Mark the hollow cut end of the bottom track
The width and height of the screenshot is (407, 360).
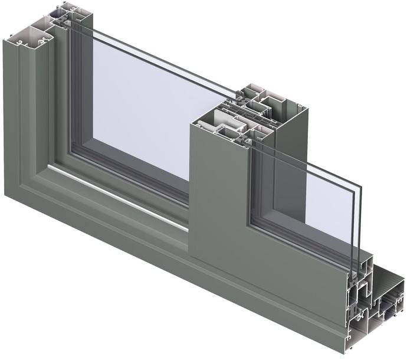coord(360,319)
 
